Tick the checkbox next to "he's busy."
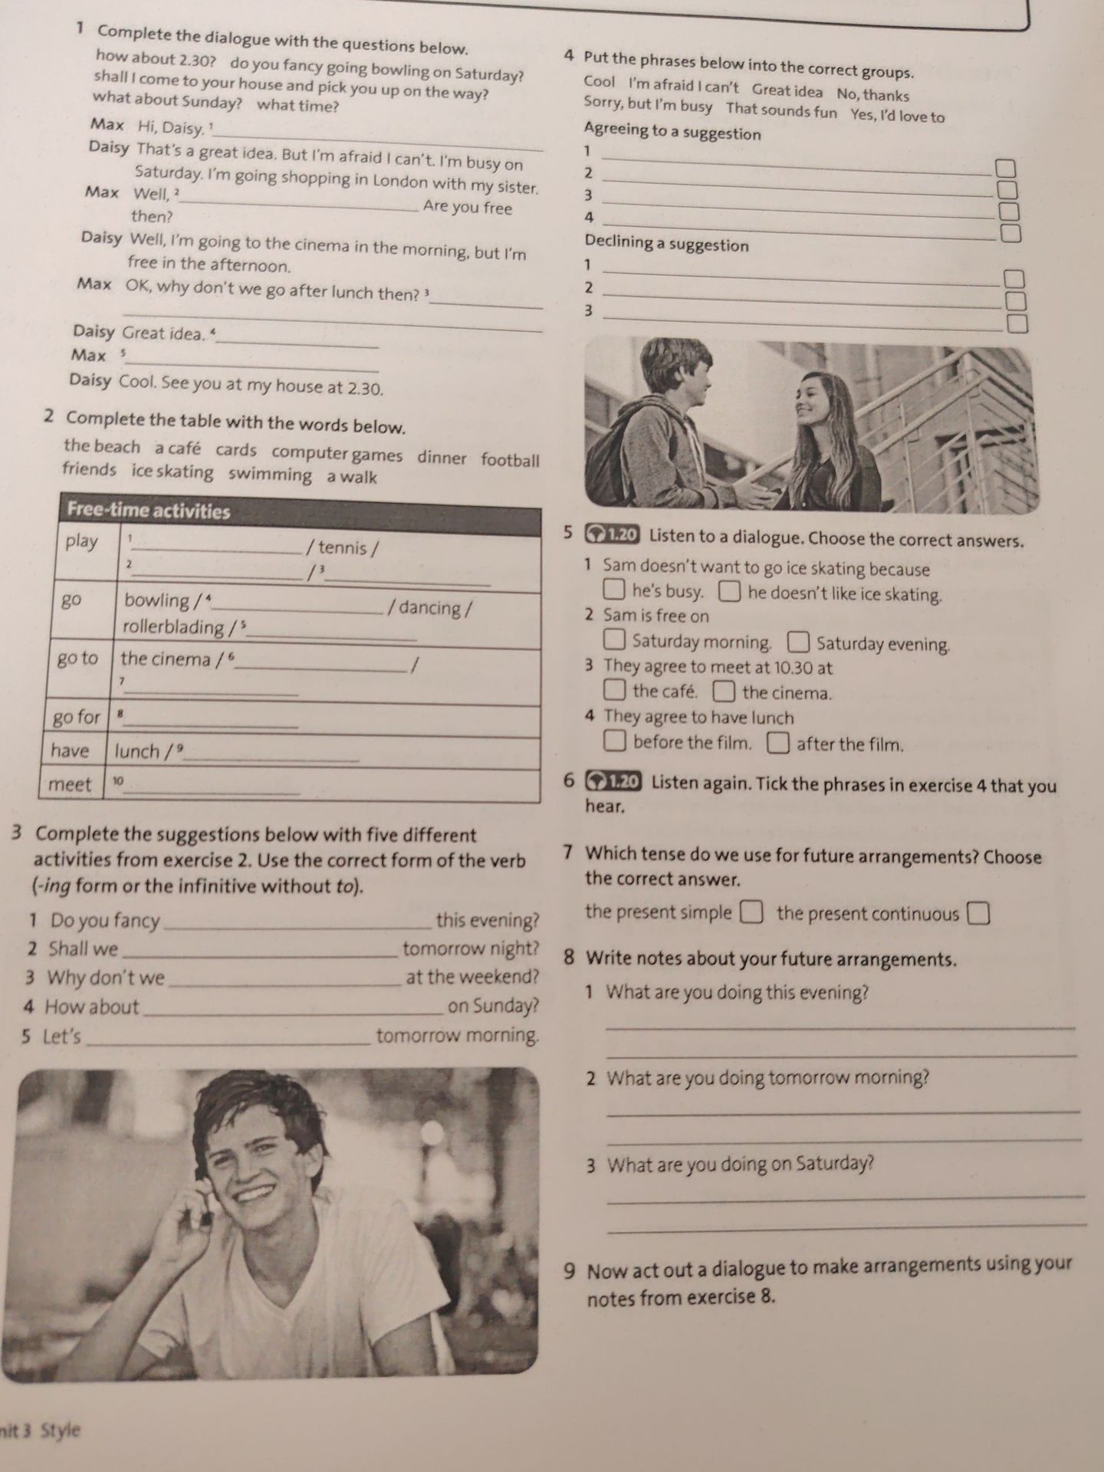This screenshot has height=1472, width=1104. tap(614, 590)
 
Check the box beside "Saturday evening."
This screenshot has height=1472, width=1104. tap(798, 641)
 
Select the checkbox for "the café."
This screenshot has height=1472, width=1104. tap(614, 691)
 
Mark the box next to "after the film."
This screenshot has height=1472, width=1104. tap(778, 742)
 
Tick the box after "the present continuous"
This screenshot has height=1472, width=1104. tap(978, 914)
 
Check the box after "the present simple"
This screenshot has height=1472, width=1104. tap(751, 912)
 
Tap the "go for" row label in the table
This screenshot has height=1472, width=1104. tap(76, 718)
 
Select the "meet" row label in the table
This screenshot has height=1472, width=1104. tap(70, 784)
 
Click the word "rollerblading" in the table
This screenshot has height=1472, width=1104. tap(173, 626)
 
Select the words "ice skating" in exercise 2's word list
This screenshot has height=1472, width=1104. tap(172, 472)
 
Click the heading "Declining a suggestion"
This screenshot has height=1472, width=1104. tap(666, 243)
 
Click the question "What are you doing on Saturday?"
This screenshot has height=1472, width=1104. tap(741, 1165)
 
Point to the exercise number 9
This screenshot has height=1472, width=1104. tap(570, 1272)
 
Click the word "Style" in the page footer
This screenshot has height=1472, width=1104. tap(61, 1430)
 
